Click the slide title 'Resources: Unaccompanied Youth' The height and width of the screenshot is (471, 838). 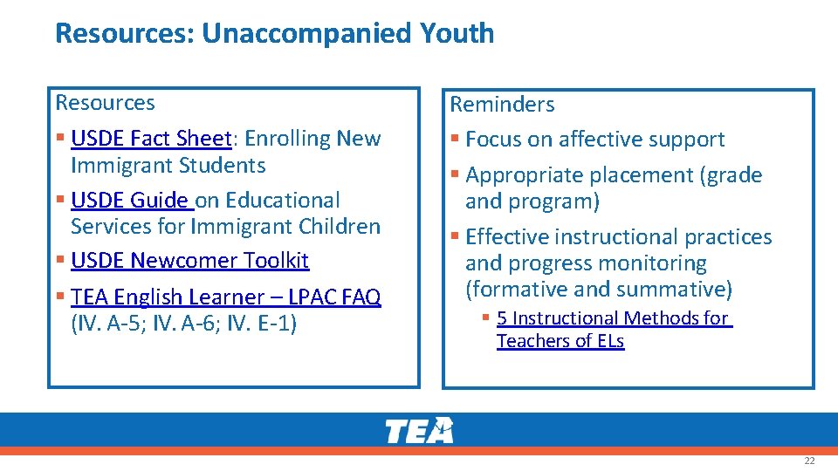[274, 34]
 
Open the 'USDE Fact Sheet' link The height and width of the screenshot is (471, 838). [151, 139]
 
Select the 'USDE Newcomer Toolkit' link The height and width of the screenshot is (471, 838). [189, 261]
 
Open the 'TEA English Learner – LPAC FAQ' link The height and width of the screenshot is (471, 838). [225, 297]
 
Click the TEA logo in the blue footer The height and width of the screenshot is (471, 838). [419, 431]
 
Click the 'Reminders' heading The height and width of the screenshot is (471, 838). [502, 105]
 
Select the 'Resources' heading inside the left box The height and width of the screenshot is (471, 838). [105, 103]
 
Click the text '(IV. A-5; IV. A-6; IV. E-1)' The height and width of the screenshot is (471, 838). [183, 324]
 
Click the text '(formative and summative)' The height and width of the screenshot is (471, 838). [599, 289]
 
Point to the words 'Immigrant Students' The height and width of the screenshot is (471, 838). [168, 165]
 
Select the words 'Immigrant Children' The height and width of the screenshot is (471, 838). [225, 227]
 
